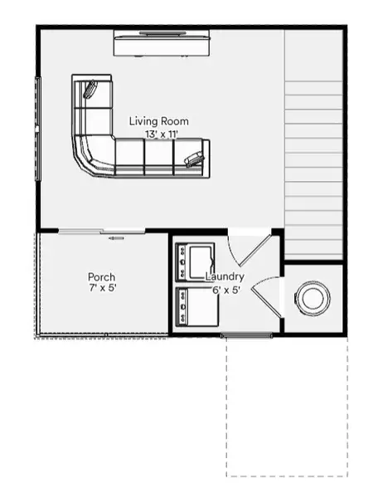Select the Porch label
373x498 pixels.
click(x=102, y=277)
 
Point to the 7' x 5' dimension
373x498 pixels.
click(x=102, y=290)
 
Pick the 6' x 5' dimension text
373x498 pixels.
click(x=225, y=290)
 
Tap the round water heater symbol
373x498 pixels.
click(x=314, y=298)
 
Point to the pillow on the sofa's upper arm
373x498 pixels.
click(x=90, y=88)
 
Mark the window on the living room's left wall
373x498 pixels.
click(x=36, y=129)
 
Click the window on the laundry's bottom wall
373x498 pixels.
click(x=246, y=335)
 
